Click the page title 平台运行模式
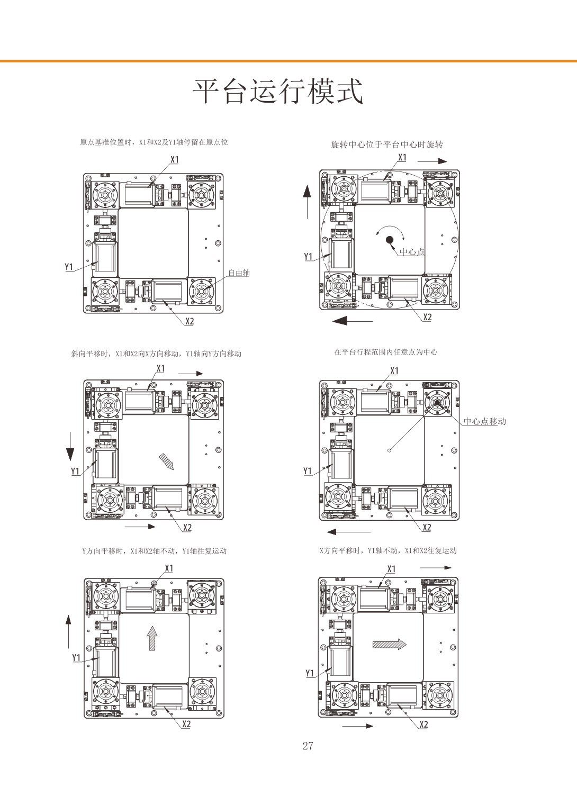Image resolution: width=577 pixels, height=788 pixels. (278, 91)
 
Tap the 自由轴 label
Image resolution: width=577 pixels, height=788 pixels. (239, 273)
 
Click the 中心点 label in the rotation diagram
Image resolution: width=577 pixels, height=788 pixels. (412, 251)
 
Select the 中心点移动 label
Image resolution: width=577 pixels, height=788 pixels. (484, 421)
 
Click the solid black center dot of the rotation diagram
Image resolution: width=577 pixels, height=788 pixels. (390, 240)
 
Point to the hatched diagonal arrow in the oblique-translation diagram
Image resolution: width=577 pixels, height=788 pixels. (166, 462)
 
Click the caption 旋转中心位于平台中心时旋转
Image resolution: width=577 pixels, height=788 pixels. (386, 144)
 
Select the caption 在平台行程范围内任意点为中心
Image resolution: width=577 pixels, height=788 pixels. (385, 352)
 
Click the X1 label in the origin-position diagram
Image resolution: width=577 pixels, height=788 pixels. (175, 160)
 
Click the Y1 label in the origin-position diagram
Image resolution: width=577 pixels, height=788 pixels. (69, 267)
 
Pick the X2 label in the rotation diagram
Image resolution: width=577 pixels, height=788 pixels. (427, 317)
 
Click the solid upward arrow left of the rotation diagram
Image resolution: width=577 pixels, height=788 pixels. (307, 202)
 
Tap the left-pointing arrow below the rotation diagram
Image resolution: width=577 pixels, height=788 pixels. (352, 321)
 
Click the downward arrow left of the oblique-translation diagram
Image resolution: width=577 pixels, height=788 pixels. (70, 447)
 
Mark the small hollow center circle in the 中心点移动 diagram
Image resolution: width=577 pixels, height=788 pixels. (389, 450)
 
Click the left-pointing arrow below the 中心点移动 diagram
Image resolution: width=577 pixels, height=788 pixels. (348, 531)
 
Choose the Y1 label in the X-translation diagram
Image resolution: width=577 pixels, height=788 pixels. (310, 673)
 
